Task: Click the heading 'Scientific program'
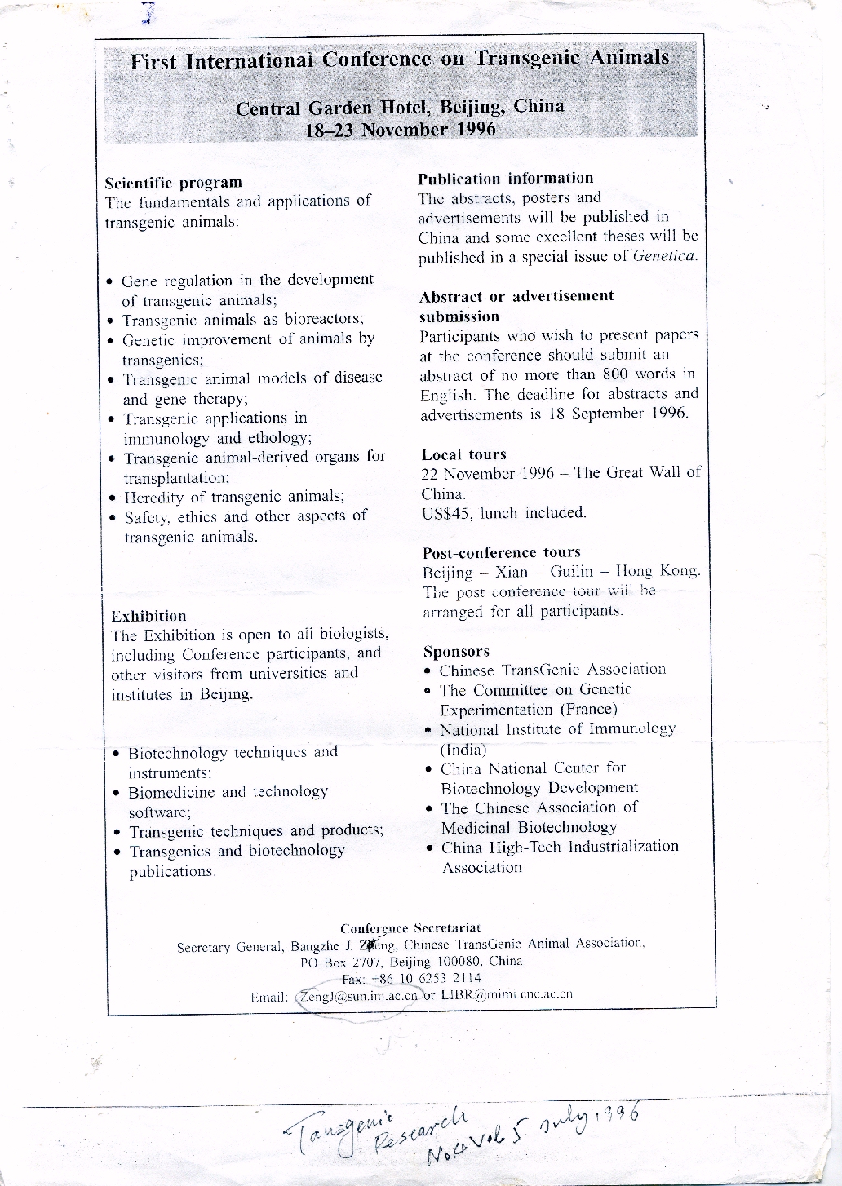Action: point(174,183)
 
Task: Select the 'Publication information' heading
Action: point(505,179)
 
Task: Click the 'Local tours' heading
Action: point(463,454)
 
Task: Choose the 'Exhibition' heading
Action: point(148,616)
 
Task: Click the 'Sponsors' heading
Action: point(456,652)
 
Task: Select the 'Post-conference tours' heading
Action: point(501,552)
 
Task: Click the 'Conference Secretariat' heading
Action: point(410,928)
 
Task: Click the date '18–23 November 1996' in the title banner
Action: point(400,130)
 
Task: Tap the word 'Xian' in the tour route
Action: point(512,572)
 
